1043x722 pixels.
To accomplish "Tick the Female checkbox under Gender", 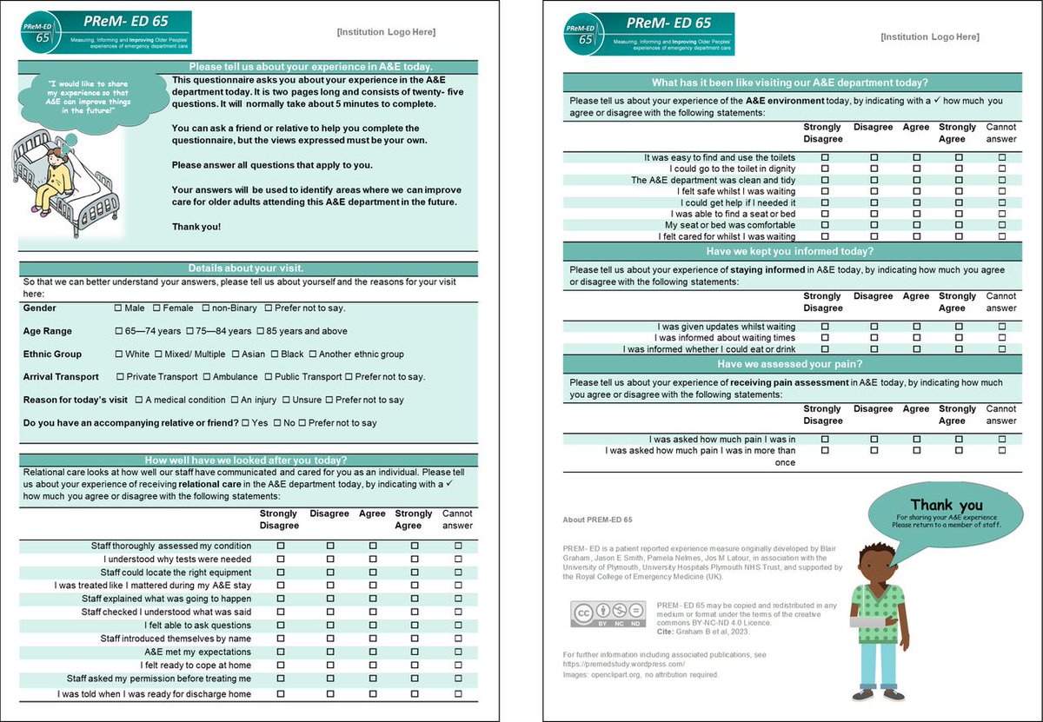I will point(156,308).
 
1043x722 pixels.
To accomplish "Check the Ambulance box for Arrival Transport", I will point(206,377).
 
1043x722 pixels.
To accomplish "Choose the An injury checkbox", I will point(235,400).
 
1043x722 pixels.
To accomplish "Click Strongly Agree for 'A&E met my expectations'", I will point(415,652).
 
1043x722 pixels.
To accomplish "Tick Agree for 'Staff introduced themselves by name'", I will point(373,639).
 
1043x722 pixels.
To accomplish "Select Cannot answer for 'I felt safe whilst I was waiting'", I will point(1001,191).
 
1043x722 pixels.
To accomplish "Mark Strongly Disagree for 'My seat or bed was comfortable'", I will point(824,225).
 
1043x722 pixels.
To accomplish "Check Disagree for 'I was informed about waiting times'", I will point(874,338).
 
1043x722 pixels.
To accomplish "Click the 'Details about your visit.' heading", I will point(246,268).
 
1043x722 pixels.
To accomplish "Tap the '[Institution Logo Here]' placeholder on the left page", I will point(386,33).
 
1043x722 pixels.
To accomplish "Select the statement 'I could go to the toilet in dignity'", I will point(732,169).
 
